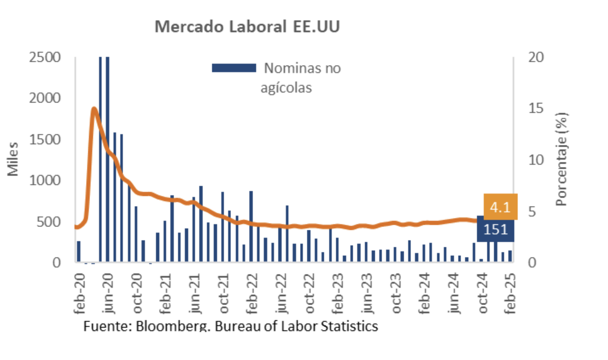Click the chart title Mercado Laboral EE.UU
pos(247,27)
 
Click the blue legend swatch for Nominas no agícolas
pos(234,68)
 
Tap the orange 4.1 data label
pos(500,208)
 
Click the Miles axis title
pos(13,160)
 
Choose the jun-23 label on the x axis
pos(368,292)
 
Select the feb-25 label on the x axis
pos(512,292)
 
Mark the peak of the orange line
pos(94,109)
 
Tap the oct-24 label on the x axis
pos(483,292)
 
